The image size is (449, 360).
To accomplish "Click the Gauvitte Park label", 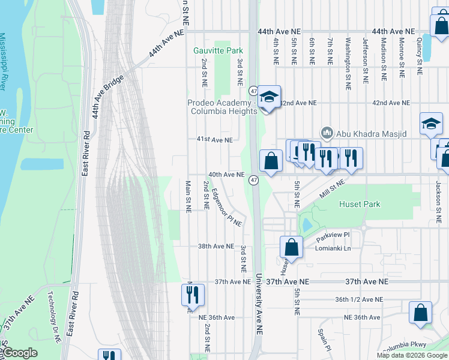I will (x=218, y=51).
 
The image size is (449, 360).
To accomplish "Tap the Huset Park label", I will (x=360, y=205).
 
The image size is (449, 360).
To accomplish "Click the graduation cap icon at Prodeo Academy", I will (x=270, y=97).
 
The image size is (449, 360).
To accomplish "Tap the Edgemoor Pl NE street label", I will (x=226, y=208).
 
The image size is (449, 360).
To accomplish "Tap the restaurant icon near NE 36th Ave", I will (x=193, y=295).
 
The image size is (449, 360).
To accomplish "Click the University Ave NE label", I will (x=259, y=304).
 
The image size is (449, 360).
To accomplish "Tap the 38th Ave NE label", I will (x=215, y=247).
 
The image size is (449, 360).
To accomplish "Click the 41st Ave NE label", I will (x=214, y=140).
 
